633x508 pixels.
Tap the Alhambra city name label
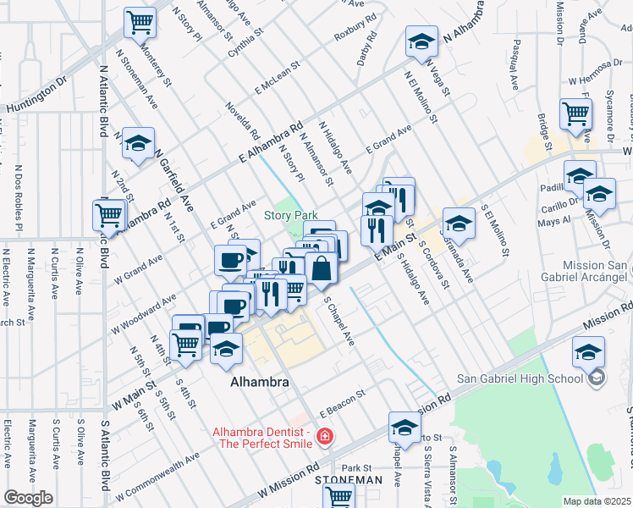260,383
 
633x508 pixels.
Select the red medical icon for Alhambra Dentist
323,437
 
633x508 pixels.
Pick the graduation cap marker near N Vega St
421,42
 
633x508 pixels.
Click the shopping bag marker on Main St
322,270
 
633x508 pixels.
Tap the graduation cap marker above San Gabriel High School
588,351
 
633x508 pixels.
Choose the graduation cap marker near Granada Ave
458,224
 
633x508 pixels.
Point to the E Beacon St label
342,402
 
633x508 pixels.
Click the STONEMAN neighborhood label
349,480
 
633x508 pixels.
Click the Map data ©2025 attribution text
597,500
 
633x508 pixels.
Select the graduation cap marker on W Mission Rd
405,427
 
